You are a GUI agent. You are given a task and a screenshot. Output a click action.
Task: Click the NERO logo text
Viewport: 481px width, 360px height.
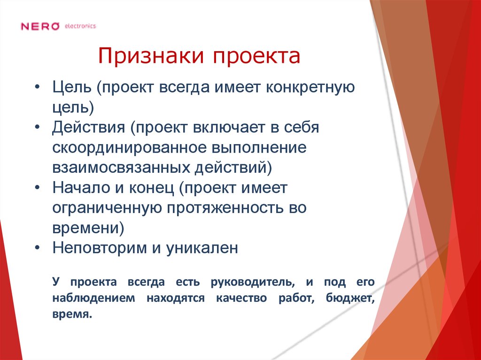point(40,26)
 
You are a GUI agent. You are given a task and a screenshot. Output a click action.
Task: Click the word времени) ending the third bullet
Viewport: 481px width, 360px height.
point(88,228)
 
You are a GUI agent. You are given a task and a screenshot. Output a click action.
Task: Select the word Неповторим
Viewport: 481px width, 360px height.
point(100,247)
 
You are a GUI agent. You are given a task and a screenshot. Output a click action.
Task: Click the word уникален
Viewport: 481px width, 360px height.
point(202,247)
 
